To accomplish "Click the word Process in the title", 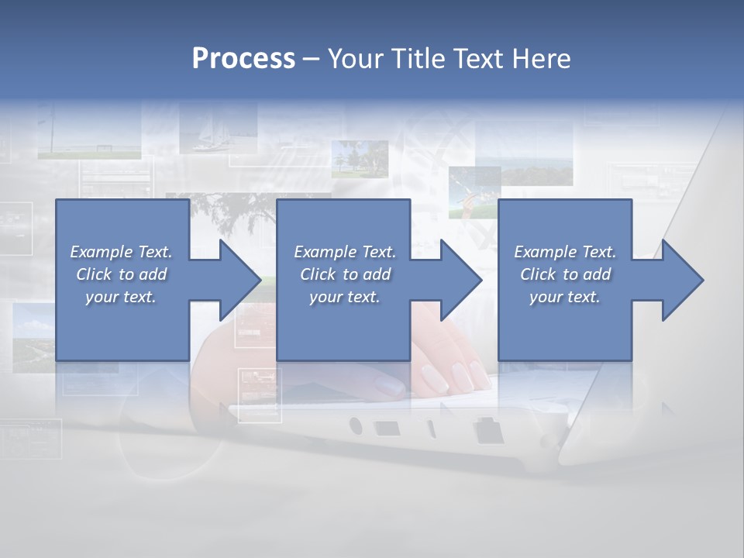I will pyautogui.click(x=243, y=58).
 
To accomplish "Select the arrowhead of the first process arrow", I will pyautogui.click(x=239, y=280).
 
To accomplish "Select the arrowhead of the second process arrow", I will pyautogui.click(x=460, y=280).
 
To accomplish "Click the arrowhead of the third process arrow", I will pyautogui.click(x=682, y=280).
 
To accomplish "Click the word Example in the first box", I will pyautogui.click(x=100, y=252).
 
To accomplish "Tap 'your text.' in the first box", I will pyautogui.click(x=121, y=297).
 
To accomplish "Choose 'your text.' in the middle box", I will pyautogui.click(x=344, y=297).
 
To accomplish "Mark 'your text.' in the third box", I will pyautogui.click(x=565, y=297).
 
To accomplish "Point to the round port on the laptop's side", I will pyautogui.click(x=356, y=425).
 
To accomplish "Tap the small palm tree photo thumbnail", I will pyautogui.click(x=360, y=159).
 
